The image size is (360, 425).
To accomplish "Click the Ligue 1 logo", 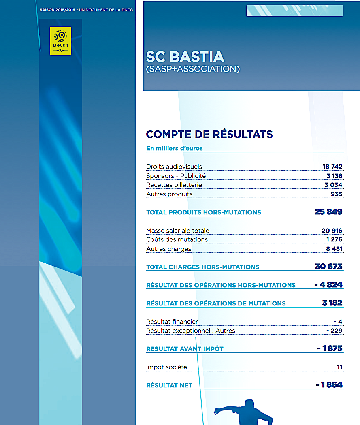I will (60, 41).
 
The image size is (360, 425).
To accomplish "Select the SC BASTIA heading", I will (185, 57).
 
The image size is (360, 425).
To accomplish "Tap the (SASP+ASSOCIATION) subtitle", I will (192, 69).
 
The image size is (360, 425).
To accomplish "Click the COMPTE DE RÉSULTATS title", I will (209, 135).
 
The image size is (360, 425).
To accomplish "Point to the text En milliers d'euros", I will (174, 148).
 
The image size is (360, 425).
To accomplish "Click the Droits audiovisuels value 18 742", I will (332, 167).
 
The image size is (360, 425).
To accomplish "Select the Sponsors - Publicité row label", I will (176, 176).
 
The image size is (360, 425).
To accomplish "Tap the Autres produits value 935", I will (337, 194).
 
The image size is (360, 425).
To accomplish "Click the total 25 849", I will (328, 212).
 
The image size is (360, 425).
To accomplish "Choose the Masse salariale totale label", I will (177, 231).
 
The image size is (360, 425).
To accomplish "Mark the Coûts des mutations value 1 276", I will (334, 239).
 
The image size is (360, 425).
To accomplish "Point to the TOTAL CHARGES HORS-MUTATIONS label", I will (202, 267).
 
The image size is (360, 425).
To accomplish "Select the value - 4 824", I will (328, 285).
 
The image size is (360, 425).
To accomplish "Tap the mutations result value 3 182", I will (332, 303).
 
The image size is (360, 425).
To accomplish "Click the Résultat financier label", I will (172, 322).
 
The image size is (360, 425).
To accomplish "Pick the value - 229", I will (334, 331).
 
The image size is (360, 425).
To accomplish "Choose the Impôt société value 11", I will (339, 367).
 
